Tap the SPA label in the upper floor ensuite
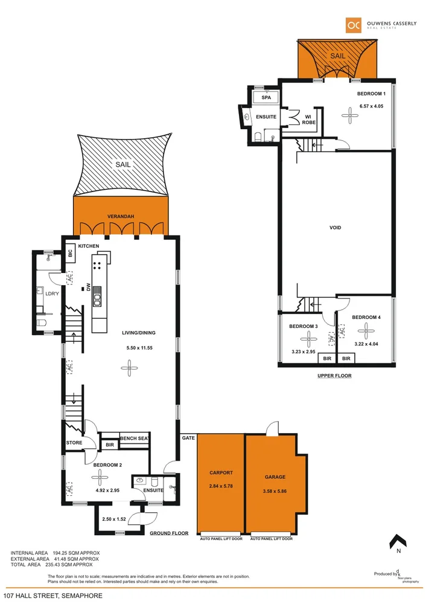[265, 97]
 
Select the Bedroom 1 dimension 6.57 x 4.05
[371, 106]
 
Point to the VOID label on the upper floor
[335, 228]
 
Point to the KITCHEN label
[88, 246]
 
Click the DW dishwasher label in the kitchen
[88, 289]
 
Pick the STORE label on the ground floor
[74, 443]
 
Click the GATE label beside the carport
[188, 437]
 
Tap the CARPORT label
[221, 473]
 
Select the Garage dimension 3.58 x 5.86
[275, 490]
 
